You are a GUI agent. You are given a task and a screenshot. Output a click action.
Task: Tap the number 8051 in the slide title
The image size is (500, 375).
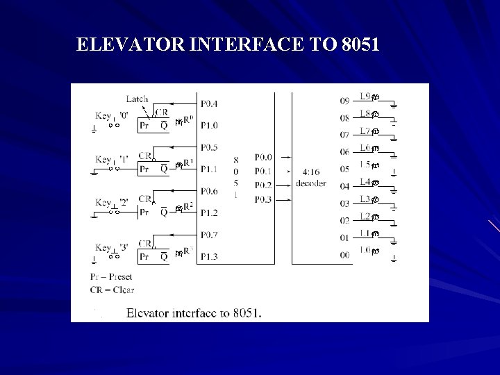click(x=360, y=46)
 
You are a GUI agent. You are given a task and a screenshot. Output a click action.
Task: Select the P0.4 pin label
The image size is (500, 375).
click(x=208, y=103)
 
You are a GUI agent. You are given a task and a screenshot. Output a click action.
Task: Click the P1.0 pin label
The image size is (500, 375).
click(x=208, y=125)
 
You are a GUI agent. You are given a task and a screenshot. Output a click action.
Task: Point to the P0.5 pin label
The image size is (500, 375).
click(x=208, y=147)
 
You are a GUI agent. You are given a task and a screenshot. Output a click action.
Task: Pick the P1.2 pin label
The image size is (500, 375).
click(x=208, y=212)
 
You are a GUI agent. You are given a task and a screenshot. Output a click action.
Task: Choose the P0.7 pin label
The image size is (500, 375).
click(x=208, y=235)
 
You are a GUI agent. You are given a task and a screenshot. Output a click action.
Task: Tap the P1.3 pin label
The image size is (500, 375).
click(x=208, y=256)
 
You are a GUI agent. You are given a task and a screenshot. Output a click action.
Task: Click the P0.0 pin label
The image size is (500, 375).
click(x=263, y=157)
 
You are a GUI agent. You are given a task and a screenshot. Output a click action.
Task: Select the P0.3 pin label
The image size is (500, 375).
click(x=263, y=199)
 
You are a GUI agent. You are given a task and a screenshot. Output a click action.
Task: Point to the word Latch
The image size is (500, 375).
click(x=137, y=99)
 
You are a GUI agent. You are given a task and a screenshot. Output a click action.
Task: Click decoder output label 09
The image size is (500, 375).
click(x=344, y=101)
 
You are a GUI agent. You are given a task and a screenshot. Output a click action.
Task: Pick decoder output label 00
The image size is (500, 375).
click(x=344, y=256)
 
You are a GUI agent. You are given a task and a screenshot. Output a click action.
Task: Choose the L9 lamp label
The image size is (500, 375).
click(x=365, y=97)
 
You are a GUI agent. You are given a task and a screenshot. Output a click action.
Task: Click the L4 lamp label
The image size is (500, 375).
click(x=365, y=182)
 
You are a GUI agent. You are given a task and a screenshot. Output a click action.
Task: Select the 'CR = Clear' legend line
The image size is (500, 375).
click(x=112, y=289)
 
